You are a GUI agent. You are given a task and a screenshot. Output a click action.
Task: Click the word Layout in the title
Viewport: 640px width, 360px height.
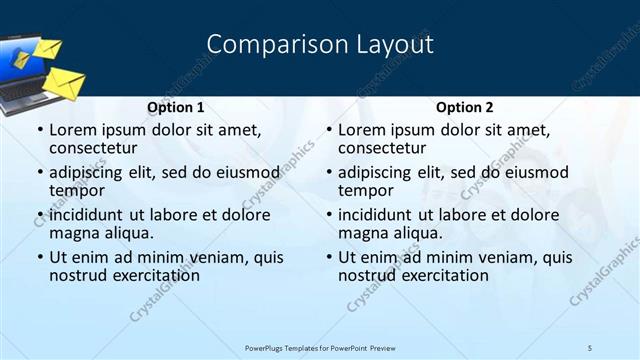[396, 45]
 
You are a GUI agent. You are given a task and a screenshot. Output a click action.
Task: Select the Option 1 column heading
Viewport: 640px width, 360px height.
[175, 107]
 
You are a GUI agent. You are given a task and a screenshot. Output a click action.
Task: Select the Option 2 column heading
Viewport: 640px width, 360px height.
[464, 107]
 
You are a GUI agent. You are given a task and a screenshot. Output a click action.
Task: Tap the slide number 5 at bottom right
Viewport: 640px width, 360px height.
[590, 347]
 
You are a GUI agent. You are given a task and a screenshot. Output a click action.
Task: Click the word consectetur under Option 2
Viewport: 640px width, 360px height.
[382, 148]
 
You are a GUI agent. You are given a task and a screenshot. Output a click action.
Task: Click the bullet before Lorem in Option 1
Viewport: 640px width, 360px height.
[39, 131]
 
